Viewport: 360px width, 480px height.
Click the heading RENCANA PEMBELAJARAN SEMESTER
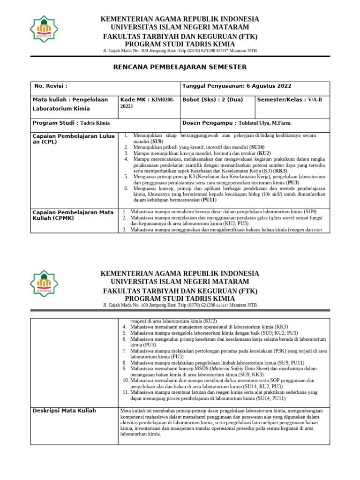(180, 67)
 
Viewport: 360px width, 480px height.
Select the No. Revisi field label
(51, 86)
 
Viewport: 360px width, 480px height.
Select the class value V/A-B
(315, 100)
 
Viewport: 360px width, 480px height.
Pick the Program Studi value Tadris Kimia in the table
(95, 123)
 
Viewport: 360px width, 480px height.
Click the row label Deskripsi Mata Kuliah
(64, 411)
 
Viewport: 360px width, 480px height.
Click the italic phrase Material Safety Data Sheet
(240, 368)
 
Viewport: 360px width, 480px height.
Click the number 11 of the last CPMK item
(125, 392)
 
